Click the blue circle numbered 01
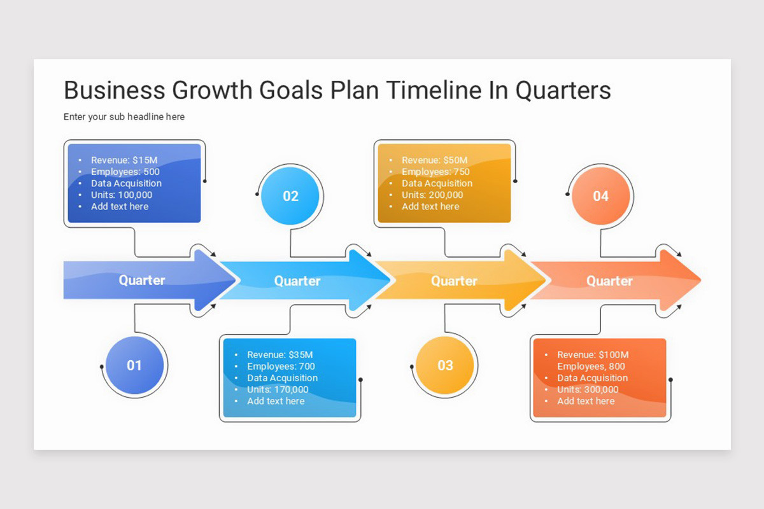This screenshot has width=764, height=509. click(134, 365)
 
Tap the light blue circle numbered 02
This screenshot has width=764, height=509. click(290, 196)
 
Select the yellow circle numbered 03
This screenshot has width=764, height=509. click(445, 365)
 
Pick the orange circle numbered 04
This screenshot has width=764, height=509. click(601, 196)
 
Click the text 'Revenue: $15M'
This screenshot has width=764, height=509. click(124, 160)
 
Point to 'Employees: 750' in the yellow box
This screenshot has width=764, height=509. click(435, 172)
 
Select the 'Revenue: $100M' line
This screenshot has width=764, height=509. click(592, 355)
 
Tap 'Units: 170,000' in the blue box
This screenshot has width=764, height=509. click(278, 389)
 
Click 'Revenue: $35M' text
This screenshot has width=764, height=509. click(279, 355)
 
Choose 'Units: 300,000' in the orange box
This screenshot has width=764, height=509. click(588, 389)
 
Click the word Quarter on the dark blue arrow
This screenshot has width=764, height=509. click(142, 280)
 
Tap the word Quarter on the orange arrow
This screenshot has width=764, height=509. click(609, 281)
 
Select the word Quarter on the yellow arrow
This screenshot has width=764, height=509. click(454, 281)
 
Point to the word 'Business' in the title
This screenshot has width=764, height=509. click(113, 90)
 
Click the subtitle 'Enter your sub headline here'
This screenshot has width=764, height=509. click(124, 117)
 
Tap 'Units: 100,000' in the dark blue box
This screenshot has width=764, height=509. click(122, 195)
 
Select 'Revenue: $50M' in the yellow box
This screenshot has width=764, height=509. click(434, 160)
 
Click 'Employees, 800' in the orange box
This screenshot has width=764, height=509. click(591, 366)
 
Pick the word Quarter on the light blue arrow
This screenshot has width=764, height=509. click(297, 281)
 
